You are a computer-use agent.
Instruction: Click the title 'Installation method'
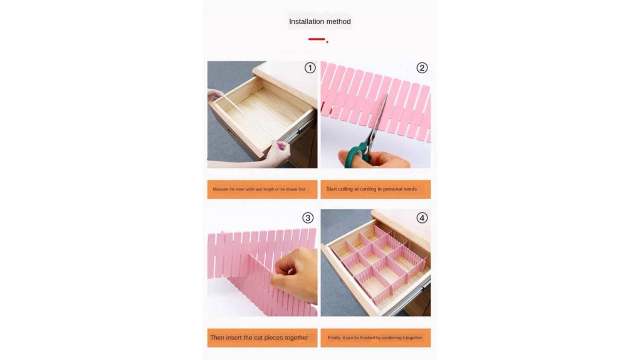(320, 21)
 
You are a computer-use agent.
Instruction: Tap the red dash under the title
(317, 39)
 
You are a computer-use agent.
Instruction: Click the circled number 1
(310, 68)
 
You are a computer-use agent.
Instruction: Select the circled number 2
(422, 68)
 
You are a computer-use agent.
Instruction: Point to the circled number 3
(308, 218)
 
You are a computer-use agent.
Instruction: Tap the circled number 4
(422, 218)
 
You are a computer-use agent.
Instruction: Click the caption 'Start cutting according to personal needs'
(372, 189)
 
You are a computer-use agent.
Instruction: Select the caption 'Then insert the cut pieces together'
(259, 337)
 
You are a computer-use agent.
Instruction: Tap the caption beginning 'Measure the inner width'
(259, 189)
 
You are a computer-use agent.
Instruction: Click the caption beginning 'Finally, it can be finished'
(375, 338)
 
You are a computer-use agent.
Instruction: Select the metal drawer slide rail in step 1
(300, 130)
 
